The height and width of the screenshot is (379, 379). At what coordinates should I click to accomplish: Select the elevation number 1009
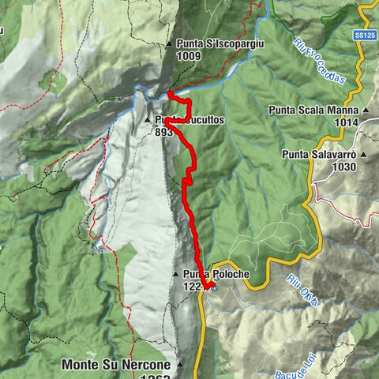(x=189, y=57)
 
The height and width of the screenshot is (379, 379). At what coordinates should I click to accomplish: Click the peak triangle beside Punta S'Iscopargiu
(x=169, y=44)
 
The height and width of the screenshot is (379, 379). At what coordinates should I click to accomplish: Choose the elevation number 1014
(x=345, y=122)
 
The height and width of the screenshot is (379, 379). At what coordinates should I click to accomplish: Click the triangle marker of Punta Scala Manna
(x=366, y=111)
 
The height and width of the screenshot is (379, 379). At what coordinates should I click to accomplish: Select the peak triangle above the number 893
(x=147, y=120)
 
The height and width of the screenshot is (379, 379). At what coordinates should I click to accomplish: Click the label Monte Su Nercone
(x=116, y=365)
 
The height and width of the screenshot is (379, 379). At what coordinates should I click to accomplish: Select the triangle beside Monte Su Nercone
(x=180, y=365)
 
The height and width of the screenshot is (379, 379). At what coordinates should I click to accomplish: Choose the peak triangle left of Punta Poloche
(x=174, y=274)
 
